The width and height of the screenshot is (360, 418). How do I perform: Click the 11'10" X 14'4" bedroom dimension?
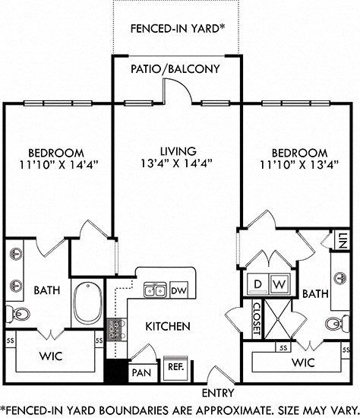52,163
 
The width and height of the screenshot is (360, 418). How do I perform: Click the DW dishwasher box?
178,290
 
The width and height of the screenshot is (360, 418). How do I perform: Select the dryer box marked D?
258,283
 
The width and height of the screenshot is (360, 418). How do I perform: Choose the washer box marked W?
279,283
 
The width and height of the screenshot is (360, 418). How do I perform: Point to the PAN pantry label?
141,373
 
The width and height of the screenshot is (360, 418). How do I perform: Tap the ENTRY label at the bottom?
217,393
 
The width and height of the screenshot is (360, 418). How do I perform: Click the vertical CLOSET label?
256,319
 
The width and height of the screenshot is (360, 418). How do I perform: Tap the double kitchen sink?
156,290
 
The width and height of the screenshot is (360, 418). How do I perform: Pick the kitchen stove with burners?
117,329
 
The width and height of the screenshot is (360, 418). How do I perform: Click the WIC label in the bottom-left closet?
52,356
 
